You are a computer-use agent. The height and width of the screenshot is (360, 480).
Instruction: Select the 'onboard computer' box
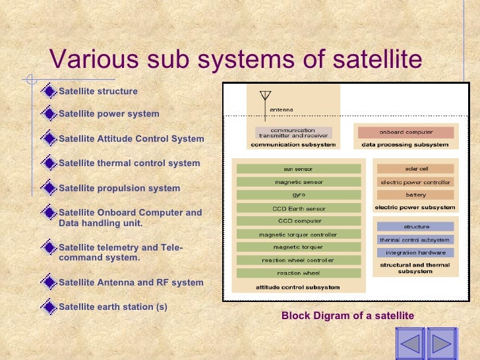click(406, 132)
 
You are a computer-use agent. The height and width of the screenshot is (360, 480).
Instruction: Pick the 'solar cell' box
click(415, 169)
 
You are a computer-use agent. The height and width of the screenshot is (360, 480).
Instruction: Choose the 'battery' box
click(415, 195)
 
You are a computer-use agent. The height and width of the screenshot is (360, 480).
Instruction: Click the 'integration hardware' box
click(415, 252)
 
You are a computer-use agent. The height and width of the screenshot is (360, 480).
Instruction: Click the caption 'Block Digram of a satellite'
click(347, 316)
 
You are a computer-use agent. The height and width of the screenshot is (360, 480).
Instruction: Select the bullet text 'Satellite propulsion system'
click(119, 188)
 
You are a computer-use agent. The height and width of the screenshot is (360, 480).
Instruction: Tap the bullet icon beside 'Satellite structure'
click(48, 90)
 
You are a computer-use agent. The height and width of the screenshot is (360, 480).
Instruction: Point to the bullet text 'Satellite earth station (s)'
click(113, 307)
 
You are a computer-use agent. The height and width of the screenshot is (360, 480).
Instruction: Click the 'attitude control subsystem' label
click(297, 287)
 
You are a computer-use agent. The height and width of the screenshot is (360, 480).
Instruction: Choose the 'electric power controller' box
click(415, 182)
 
